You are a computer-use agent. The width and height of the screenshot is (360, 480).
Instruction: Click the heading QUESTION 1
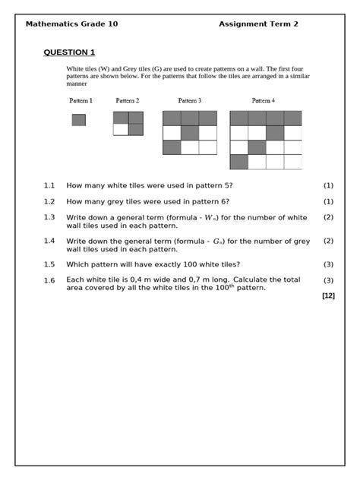point(69,52)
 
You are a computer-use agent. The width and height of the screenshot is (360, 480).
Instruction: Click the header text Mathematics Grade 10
point(71,24)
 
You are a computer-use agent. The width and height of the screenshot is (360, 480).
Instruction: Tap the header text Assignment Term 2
point(258,24)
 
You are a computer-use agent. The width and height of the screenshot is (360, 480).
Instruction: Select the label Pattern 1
point(81,100)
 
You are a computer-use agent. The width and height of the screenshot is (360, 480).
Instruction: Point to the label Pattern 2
point(128,100)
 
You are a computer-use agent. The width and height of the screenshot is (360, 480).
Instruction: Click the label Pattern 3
point(189,100)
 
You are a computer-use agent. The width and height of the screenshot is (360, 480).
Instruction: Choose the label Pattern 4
point(264,100)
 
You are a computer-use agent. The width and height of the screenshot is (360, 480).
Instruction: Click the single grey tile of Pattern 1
point(79,120)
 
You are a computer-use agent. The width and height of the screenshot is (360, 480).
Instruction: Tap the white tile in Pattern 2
point(121,130)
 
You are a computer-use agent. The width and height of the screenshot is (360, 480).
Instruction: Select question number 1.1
point(49,185)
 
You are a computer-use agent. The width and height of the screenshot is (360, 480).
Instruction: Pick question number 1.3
point(49,217)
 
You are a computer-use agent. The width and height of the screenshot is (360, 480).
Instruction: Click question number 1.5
point(49,264)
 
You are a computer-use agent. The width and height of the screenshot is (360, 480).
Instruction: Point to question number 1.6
point(49,280)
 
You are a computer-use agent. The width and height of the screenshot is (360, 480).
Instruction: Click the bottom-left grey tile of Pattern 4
point(238,162)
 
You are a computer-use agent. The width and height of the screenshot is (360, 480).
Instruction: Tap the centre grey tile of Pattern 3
point(189,133)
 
